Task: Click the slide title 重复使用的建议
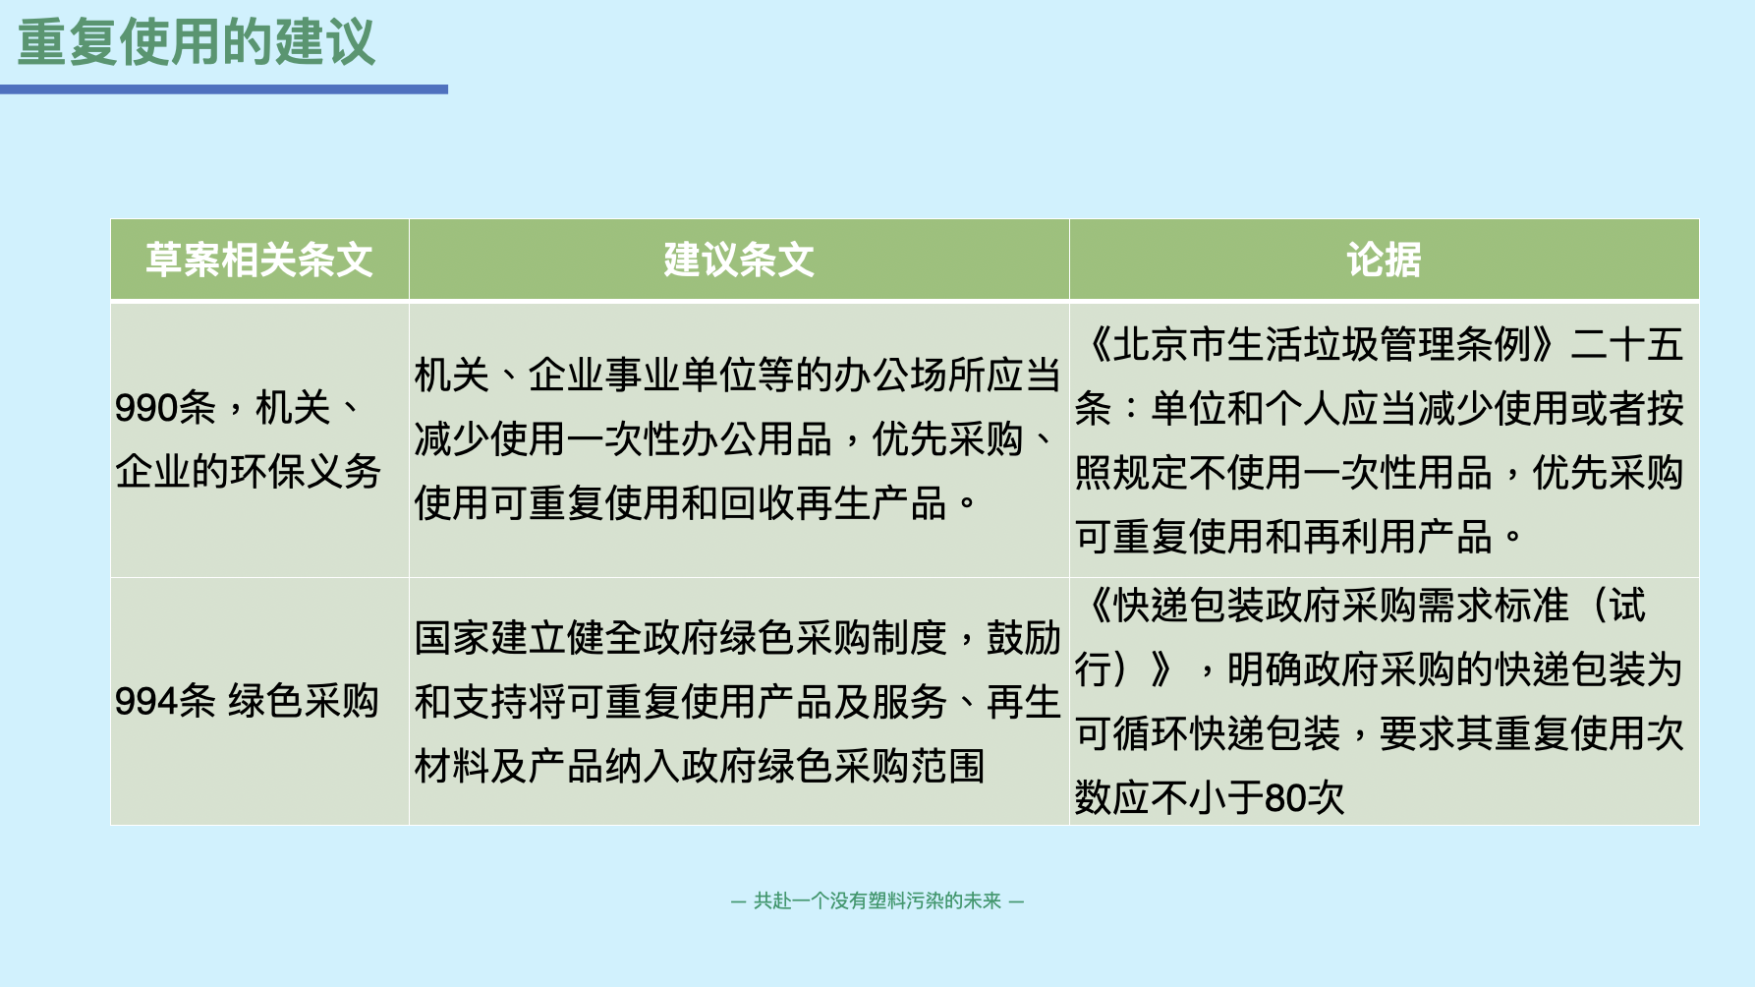[x=197, y=42]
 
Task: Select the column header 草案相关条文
[x=259, y=261]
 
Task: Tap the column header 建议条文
[x=739, y=261]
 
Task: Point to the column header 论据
[x=1384, y=261]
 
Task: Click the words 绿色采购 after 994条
[x=304, y=701]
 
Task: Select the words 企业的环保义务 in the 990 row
[x=248, y=472]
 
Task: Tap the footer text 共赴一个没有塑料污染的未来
[x=877, y=900]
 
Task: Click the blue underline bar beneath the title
[x=224, y=89]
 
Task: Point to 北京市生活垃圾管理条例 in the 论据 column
[x=1322, y=344]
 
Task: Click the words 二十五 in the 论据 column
[x=1627, y=344]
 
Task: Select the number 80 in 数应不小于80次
[x=1285, y=798]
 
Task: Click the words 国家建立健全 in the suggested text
[x=529, y=637]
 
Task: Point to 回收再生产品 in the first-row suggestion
[x=834, y=503]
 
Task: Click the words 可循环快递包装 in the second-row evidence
[x=1208, y=733]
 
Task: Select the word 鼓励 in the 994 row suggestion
[x=1024, y=637]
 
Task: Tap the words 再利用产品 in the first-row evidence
[x=1398, y=537]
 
